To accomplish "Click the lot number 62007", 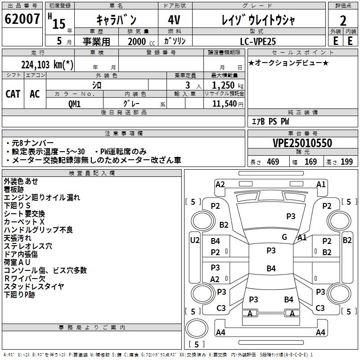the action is (x=22, y=19).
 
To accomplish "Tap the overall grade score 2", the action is (x=343, y=20).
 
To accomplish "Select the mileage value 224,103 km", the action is (x=47, y=64).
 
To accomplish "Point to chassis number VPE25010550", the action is (x=302, y=144).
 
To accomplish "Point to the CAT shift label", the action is (x=13, y=94).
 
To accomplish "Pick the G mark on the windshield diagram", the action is (x=284, y=237).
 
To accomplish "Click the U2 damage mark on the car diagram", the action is (x=194, y=240).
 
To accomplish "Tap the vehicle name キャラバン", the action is (x=117, y=20).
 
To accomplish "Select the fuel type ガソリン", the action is (x=175, y=41).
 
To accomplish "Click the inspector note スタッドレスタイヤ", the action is (x=34, y=287).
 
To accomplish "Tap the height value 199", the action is (x=346, y=162).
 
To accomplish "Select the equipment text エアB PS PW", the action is (x=270, y=121).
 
